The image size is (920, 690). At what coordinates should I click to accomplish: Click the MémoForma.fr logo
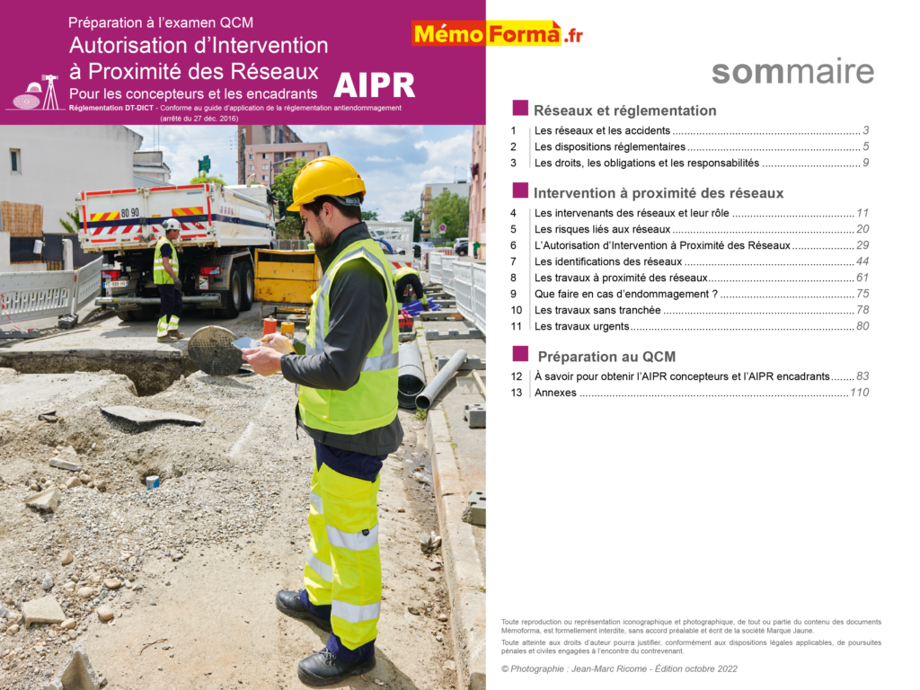pyautogui.click(x=497, y=34)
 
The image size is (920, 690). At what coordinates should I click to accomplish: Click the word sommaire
pyautogui.click(x=792, y=72)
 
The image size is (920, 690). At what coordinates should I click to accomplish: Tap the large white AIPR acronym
pyautogui.click(x=374, y=85)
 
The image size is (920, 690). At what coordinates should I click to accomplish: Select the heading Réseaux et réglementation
pyautogui.click(x=624, y=111)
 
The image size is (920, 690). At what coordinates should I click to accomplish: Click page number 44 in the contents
pyautogui.click(x=862, y=261)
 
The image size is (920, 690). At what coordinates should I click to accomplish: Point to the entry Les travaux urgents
pyautogui.click(x=581, y=326)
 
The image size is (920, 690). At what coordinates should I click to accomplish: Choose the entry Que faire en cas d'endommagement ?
pyautogui.click(x=625, y=294)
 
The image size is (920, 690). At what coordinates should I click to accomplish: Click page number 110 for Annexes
pyautogui.click(x=859, y=393)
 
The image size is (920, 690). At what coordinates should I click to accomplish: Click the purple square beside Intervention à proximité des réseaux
pyautogui.click(x=520, y=190)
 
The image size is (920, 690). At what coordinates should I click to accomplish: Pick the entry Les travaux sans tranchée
pyautogui.click(x=597, y=310)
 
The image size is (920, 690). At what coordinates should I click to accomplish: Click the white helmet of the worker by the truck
pyautogui.click(x=171, y=225)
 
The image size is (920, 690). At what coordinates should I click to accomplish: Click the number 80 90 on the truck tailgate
pyautogui.click(x=129, y=213)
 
